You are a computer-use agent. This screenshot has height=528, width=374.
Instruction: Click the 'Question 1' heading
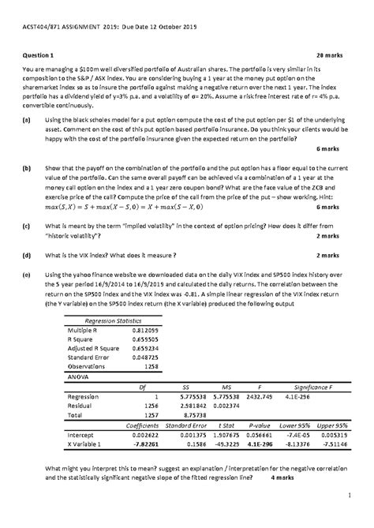[41, 57]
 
